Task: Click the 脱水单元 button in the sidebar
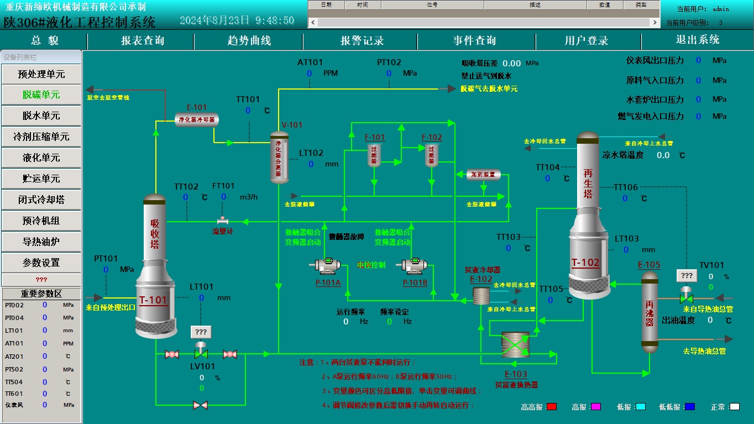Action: [41, 116]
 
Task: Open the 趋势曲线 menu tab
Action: [249, 41]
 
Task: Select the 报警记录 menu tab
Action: [362, 41]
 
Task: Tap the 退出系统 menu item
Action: [697, 40]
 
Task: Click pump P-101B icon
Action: [415, 266]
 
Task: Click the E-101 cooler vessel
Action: [197, 119]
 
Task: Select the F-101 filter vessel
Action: [375, 155]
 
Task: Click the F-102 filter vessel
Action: [432, 155]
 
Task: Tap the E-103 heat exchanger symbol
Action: [515, 347]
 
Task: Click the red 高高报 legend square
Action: [551, 407]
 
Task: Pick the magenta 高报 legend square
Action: [595, 407]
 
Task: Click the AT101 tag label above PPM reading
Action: [310, 62]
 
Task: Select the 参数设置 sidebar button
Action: [41, 263]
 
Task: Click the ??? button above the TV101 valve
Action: [686, 275]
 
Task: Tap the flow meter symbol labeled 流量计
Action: [222, 221]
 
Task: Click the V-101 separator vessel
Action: [279, 158]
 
